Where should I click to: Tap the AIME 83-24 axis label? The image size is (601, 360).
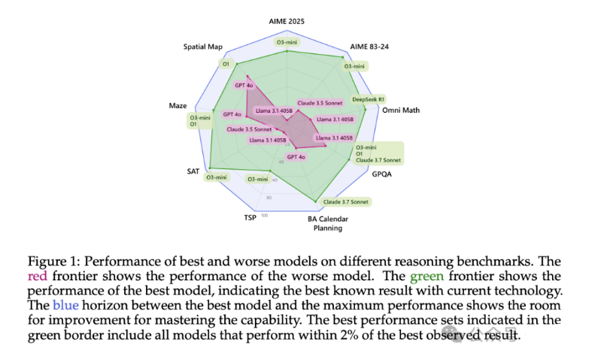coord(369,47)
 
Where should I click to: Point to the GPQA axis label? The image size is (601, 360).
coord(381,174)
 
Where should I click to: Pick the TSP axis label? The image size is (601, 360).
coord(250,218)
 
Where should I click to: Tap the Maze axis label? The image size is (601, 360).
coord(178,106)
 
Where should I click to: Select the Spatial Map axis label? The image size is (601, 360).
coord(203,47)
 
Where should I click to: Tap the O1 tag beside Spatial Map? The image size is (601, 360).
coord(225,64)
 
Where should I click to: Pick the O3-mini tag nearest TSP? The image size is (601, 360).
coord(258,179)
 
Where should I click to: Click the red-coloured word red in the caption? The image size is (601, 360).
coord(38,276)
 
